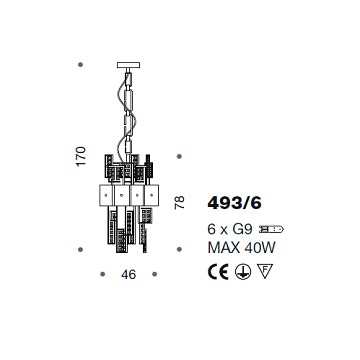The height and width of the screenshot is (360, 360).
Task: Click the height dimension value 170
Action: pyautogui.click(x=81, y=156)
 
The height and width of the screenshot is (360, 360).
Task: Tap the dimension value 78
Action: pyautogui.click(x=179, y=203)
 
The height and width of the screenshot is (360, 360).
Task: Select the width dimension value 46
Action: pyautogui.click(x=129, y=274)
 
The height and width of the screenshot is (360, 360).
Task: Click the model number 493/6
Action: pyautogui.click(x=234, y=203)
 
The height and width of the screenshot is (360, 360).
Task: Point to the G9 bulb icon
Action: pyautogui.click(x=271, y=229)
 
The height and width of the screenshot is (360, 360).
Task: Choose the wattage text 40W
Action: pyautogui.click(x=260, y=248)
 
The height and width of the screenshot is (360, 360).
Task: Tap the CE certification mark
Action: pyautogui.click(x=218, y=272)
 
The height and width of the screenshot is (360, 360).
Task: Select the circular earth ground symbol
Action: pyautogui.click(x=243, y=272)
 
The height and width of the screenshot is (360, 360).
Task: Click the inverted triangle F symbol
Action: pyautogui.click(x=265, y=270)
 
